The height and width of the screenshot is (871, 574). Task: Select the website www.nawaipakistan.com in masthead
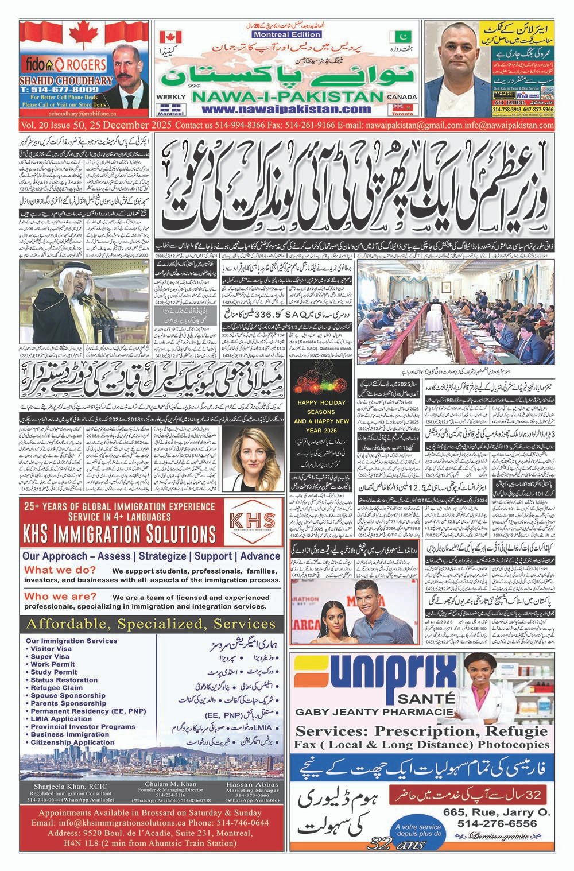point(290,110)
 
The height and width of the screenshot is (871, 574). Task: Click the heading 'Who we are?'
point(60,597)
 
